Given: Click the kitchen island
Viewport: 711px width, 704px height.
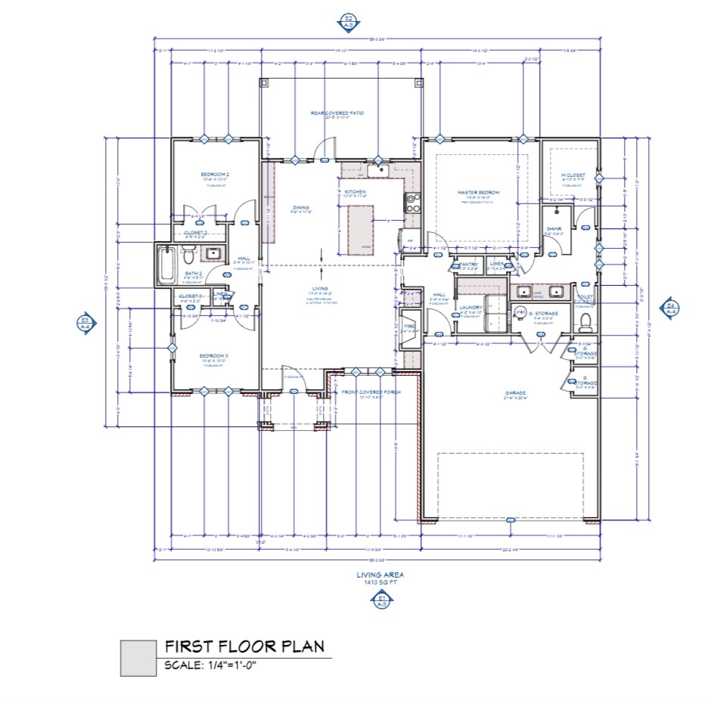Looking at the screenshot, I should pos(362,230).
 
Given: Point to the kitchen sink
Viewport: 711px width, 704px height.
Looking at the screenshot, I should pos(377,172).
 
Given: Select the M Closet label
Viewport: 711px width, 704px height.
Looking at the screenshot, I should pos(573,175).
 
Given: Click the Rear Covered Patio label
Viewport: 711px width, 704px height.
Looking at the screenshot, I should pos(337,113).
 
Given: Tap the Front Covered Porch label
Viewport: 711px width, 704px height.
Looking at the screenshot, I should pos(371,392).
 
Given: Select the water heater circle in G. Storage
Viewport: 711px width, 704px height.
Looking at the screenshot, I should pos(520,312).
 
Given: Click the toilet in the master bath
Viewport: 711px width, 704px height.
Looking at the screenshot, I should pos(586,324).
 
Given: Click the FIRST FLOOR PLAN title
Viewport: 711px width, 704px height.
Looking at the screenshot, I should pos(244,647).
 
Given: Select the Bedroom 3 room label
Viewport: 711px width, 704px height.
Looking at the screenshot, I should pos(214,355).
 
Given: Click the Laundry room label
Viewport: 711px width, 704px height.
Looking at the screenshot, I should pos(470,307).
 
